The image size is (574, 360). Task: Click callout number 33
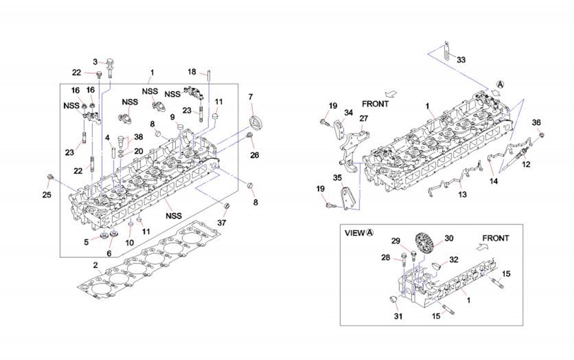point(461,59)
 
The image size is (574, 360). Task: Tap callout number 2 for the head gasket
point(96,265)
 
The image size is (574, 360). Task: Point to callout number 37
point(222,223)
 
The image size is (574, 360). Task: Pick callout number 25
point(47,193)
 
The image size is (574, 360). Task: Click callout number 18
point(192,72)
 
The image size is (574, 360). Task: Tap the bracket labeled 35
point(347,198)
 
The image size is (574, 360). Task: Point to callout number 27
point(363,118)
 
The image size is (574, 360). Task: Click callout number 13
point(462,195)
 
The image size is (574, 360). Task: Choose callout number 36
point(537,123)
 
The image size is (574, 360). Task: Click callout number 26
point(254,156)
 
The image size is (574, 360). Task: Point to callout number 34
point(348,113)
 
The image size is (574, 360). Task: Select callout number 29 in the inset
point(395,241)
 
